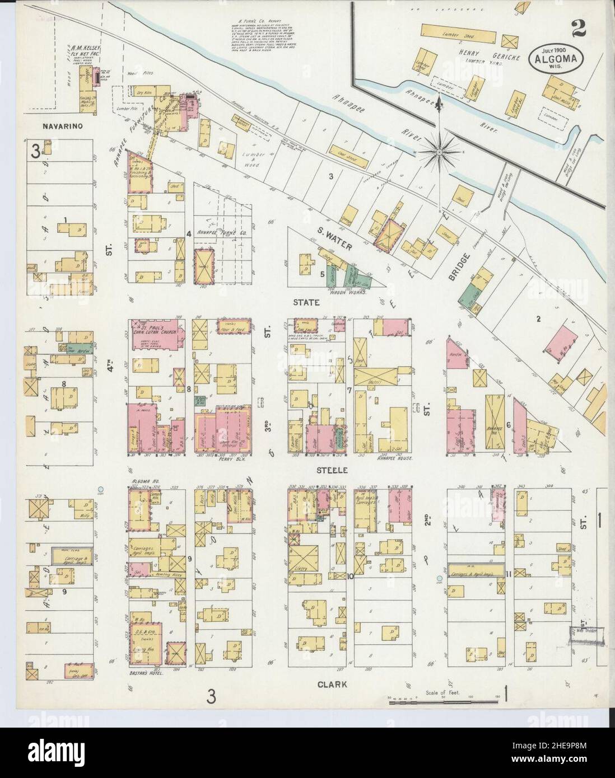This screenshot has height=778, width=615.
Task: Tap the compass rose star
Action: pos(441,149)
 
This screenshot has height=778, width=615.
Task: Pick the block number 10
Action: pos(350,576)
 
